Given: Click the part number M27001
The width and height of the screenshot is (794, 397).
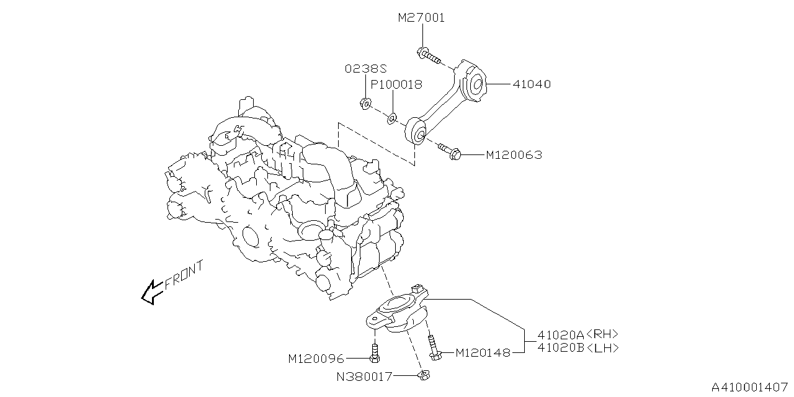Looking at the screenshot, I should click(421, 18).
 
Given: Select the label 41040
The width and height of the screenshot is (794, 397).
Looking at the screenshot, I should click(532, 84).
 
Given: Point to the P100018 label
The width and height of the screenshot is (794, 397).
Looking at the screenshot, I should click(396, 84).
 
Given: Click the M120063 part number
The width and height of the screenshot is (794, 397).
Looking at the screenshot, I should click(513, 155).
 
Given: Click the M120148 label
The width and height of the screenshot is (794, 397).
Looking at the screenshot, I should click(483, 353).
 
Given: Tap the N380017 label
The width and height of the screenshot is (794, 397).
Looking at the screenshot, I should click(365, 376).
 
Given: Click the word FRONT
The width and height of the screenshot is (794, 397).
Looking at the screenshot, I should click(184, 275).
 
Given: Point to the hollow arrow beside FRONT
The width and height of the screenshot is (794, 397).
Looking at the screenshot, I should click(150, 292).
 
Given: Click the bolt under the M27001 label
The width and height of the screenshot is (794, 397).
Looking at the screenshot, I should click(428, 56).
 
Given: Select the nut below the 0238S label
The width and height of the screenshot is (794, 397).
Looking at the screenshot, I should click(365, 102).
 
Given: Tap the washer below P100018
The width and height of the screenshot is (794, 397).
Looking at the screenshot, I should click(393, 117).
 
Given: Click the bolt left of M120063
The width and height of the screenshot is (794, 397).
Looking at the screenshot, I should click(450, 151).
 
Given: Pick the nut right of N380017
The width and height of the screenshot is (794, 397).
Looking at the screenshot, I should click(424, 374).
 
